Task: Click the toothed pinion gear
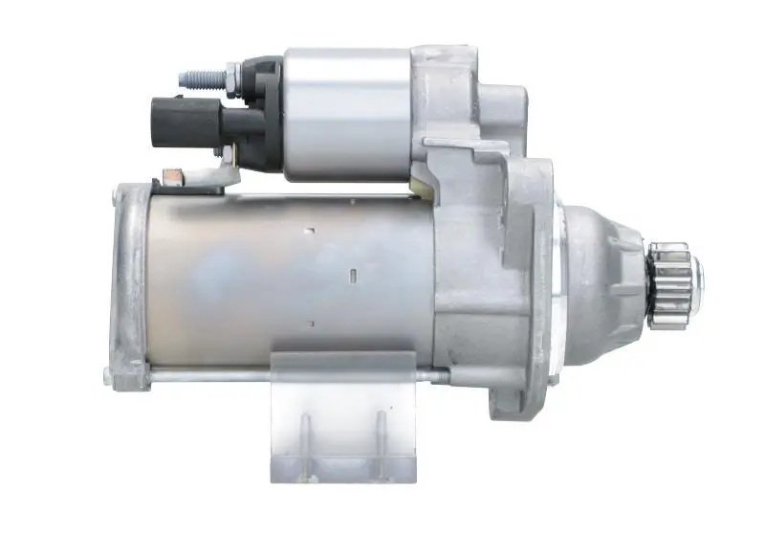(669, 284)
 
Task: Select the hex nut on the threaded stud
(231, 74)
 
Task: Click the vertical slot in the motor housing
(353, 277)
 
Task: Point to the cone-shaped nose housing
(602, 278)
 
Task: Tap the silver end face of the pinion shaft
(697, 278)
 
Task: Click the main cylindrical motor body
(287, 278)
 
